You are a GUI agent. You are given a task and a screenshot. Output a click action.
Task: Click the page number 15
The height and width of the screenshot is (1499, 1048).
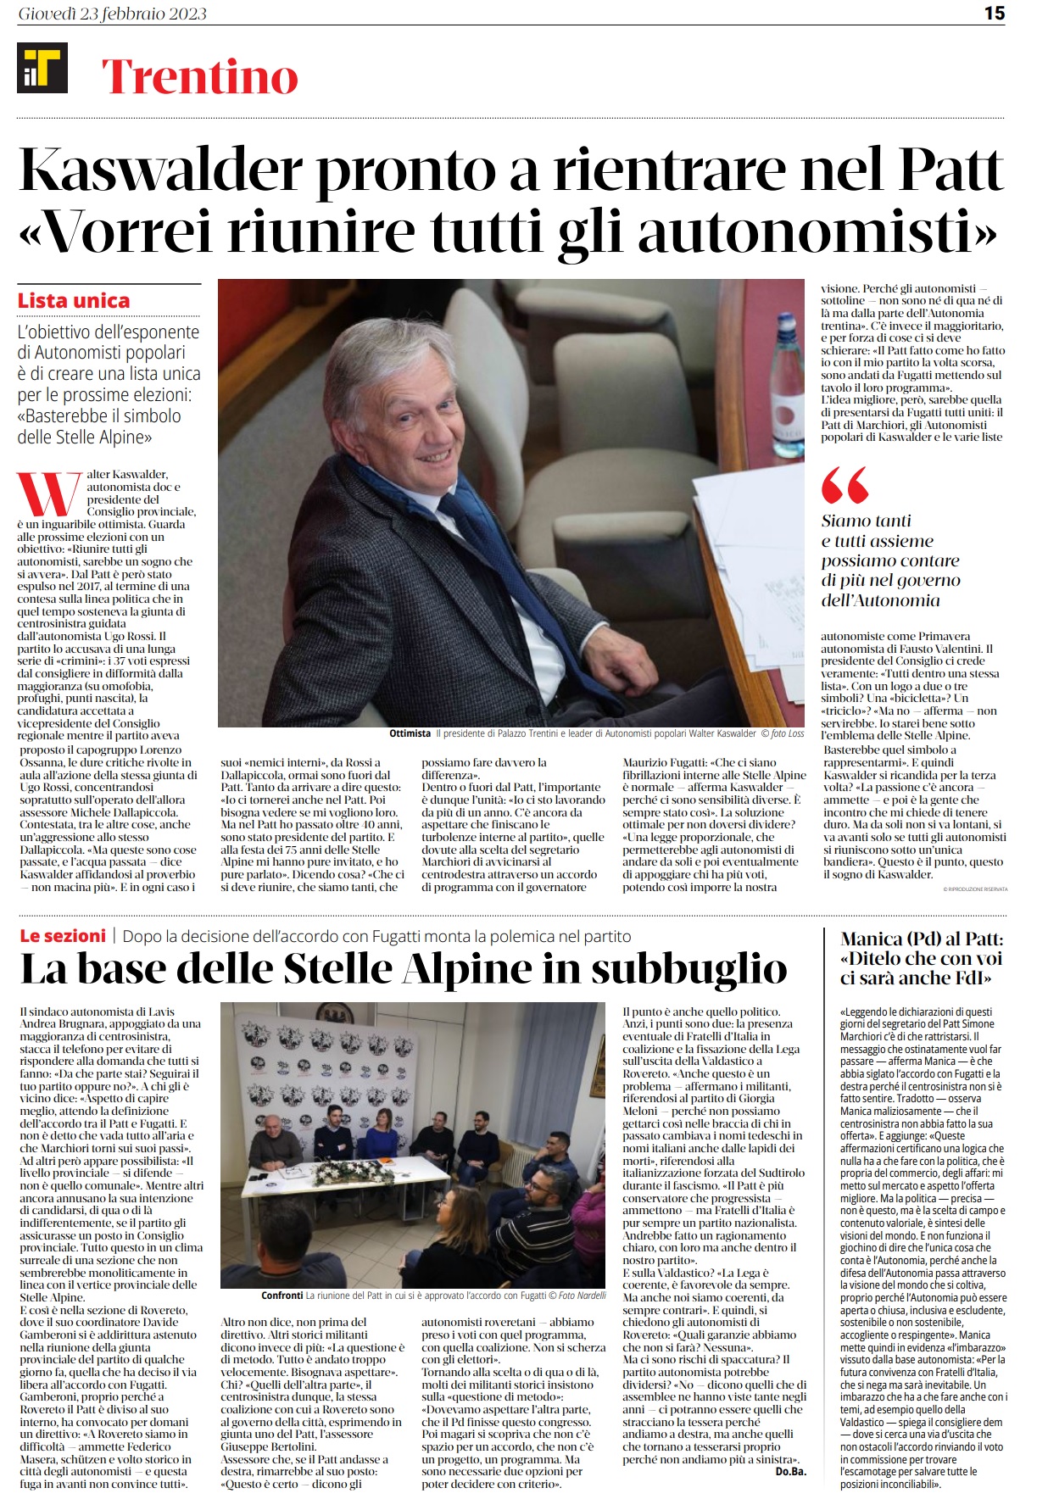(994, 13)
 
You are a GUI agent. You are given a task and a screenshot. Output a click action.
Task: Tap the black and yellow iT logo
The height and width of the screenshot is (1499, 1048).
(42, 68)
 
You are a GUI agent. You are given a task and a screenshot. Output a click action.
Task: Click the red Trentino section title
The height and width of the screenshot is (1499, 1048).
(200, 76)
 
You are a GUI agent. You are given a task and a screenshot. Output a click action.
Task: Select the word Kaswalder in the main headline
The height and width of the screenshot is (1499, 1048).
(160, 170)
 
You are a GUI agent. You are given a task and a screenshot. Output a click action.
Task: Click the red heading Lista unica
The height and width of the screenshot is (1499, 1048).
(74, 301)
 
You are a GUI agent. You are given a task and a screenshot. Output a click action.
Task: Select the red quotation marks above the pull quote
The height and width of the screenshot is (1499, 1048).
(845, 485)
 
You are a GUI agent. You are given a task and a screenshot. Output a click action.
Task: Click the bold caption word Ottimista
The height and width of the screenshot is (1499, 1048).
(410, 733)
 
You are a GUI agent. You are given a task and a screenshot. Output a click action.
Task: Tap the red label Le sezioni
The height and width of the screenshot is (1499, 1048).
(63, 936)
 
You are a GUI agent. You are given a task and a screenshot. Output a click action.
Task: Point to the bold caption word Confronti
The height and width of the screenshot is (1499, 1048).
(282, 1295)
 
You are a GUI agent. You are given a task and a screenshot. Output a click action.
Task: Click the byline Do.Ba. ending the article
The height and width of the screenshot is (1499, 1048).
(790, 1471)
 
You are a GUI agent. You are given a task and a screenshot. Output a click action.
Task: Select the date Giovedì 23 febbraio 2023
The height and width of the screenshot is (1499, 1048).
(112, 14)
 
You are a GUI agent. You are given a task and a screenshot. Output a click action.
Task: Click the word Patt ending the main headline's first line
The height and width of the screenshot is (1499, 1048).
(950, 170)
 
